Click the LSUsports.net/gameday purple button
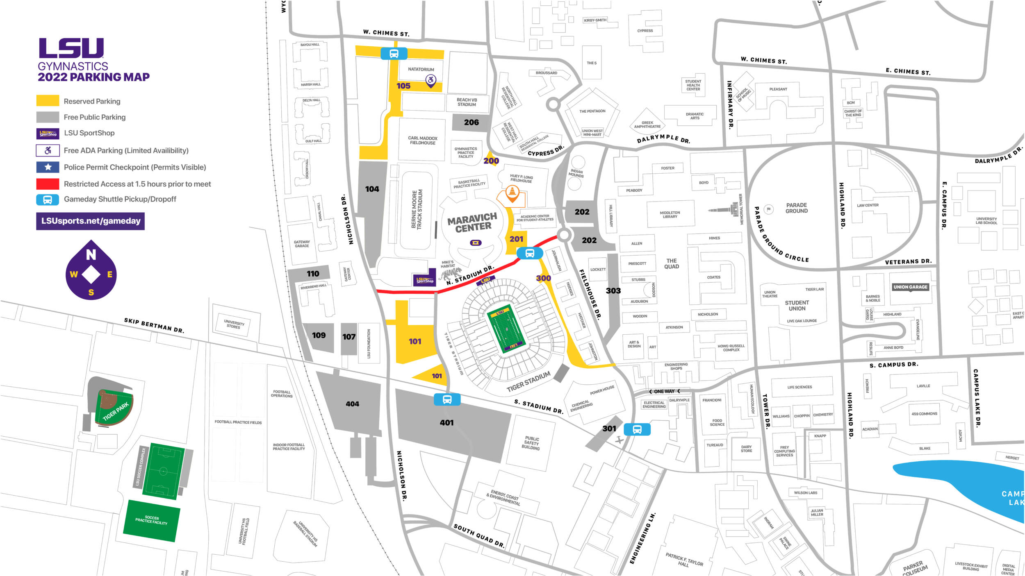(x=90, y=221)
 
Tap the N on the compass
(x=91, y=255)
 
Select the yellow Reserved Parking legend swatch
(x=48, y=101)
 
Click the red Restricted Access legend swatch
(x=48, y=184)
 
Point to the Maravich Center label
(x=472, y=222)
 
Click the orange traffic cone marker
(x=512, y=193)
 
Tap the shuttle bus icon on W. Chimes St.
(x=394, y=54)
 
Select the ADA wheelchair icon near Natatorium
(x=430, y=80)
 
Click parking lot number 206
(x=471, y=122)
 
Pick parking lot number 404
(x=352, y=404)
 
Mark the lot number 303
(x=613, y=291)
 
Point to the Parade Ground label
(x=796, y=208)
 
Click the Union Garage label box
(x=910, y=287)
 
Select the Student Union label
(x=796, y=306)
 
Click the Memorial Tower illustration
(x=728, y=209)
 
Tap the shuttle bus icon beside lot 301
(x=637, y=430)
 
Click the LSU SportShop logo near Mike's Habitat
(x=424, y=280)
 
